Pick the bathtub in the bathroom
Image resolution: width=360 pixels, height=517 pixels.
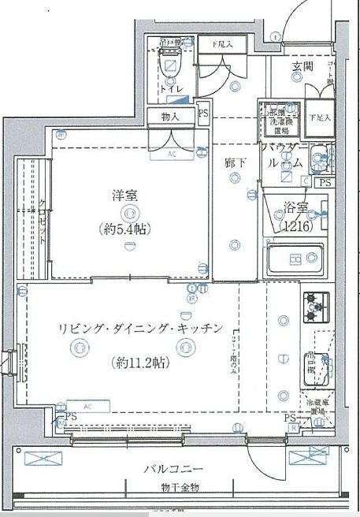point(295,258)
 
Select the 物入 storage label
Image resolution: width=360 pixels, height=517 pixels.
point(171,117)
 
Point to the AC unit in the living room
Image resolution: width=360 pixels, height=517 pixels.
point(87,407)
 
